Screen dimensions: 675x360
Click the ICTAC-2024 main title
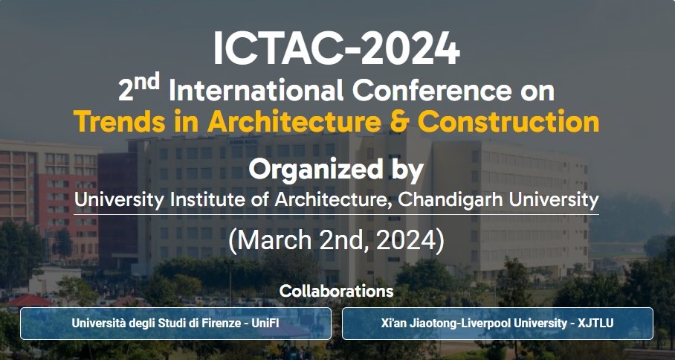337,48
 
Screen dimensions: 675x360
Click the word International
256,91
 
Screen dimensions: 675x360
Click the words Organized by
336,170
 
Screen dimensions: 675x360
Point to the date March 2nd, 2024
336,241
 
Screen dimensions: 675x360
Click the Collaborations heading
336,291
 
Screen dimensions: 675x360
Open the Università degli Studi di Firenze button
175,324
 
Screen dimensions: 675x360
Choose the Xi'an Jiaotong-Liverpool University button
497,324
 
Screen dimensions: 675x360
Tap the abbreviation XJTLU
597,323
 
